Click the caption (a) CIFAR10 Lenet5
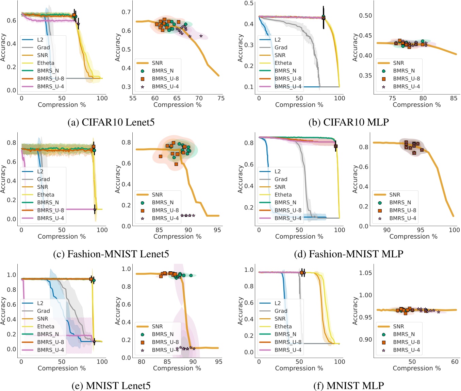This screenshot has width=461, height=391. tap(111, 122)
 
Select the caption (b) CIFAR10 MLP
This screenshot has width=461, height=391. tap(348, 122)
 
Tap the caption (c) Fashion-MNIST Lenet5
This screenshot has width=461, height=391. tap(111, 254)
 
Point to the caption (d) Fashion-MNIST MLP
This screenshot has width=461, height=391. tap(348, 254)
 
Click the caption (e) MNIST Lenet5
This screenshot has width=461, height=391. tap(111, 386)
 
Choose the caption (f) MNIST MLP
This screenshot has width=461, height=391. tap(348, 386)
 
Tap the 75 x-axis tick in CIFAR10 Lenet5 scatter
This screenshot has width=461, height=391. tap(221, 98)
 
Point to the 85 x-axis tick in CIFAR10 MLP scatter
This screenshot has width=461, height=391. tap(454, 98)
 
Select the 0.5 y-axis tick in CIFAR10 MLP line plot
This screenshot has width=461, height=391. tap(249, 3)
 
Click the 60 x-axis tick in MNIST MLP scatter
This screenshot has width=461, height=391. tap(455, 362)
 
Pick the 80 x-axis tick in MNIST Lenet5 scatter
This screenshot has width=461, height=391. tap(141, 362)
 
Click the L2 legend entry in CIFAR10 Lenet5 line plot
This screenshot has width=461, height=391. tap(40, 40)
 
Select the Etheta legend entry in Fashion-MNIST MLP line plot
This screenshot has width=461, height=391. tap(283, 195)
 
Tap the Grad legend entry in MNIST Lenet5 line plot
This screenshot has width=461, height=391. tap(43, 311)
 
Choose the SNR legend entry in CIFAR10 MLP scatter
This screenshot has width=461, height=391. tap(398, 63)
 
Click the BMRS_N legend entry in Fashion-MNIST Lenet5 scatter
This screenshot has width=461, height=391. tap(163, 203)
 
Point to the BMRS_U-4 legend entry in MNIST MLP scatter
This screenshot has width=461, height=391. tap(406, 350)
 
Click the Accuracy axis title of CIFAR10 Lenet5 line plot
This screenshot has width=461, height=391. tap(3, 47)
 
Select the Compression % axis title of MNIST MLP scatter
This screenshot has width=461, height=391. tap(416, 368)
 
